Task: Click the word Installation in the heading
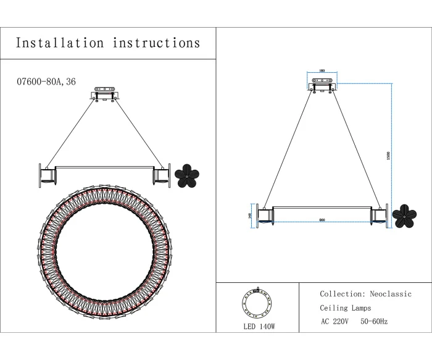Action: pyautogui.click(x=60, y=43)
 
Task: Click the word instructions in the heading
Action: pyautogui.click(x=156, y=43)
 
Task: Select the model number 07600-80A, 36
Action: pyautogui.click(x=46, y=82)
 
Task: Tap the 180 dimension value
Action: pyautogui.click(x=322, y=70)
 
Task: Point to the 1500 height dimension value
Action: pyautogui.click(x=388, y=156)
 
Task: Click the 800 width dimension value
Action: pyautogui.click(x=322, y=220)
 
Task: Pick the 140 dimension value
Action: pyautogui.click(x=249, y=216)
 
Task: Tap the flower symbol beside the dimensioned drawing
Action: pyautogui.click(x=404, y=216)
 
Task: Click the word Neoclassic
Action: pyautogui.click(x=391, y=295)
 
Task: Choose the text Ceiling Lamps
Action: pyautogui.click(x=346, y=308)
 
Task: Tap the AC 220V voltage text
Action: pyautogui.click(x=335, y=322)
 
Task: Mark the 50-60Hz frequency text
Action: pyautogui.click(x=374, y=322)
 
